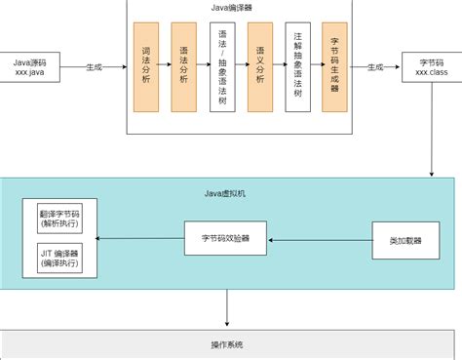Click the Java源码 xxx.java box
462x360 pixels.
[35, 67]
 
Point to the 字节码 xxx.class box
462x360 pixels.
[431, 67]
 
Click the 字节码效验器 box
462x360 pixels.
[225, 238]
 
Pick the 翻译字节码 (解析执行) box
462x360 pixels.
[60, 218]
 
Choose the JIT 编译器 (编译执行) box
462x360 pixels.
[60, 259]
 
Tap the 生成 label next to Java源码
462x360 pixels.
[95, 67]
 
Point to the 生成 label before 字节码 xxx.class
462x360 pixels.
[375, 67]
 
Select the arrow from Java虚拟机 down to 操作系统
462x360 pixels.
[227, 312]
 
